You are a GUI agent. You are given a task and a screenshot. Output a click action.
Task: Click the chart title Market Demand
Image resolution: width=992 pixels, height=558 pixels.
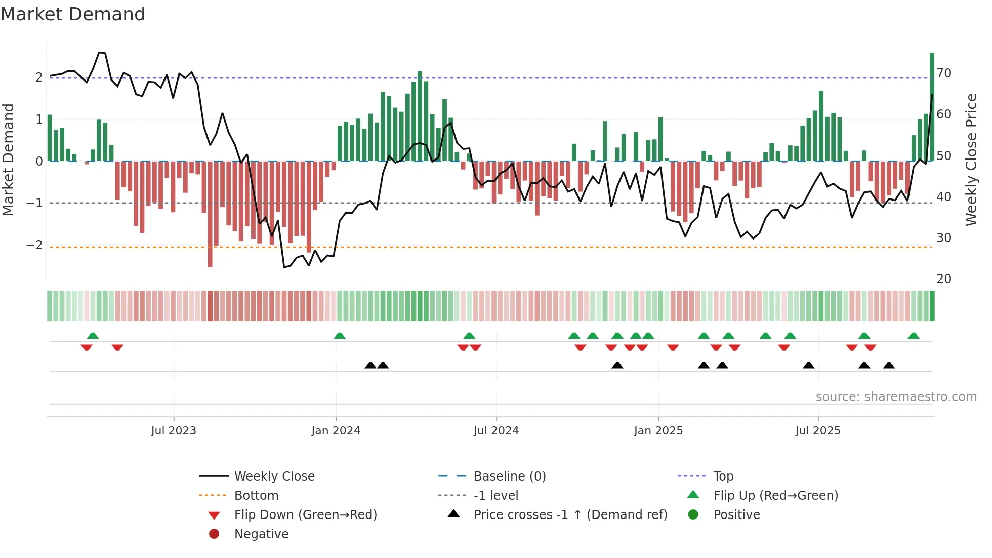tap(73, 14)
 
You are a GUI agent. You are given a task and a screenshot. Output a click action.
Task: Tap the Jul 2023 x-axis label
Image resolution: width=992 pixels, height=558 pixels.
tap(173, 431)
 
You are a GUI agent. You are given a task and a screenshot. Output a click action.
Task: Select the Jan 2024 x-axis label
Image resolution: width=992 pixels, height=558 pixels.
tap(336, 431)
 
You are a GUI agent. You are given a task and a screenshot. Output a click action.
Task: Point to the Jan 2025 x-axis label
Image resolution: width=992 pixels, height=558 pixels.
tap(658, 431)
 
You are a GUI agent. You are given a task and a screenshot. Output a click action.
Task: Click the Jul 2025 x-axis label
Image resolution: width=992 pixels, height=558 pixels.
tap(817, 431)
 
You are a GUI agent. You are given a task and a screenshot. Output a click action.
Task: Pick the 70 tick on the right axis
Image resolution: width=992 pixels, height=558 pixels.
tap(944, 73)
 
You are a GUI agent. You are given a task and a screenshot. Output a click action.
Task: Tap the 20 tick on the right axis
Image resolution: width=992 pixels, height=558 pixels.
tap(944, 279)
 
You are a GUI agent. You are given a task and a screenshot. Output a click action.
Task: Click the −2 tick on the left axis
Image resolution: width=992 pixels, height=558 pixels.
tap(34, 245)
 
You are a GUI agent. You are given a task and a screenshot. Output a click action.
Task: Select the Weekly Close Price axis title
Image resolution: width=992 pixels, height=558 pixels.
tap(971, 160)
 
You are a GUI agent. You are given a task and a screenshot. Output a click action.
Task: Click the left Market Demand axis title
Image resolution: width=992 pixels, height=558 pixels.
tap(9, 160)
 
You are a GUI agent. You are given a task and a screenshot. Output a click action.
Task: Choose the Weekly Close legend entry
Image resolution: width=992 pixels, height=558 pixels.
tap(274, 476)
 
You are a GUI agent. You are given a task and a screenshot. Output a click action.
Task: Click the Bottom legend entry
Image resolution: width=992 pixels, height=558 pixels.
tap(256, 496)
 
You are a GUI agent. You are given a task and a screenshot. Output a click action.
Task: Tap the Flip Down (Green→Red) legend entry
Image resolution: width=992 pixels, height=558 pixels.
tap(305, 515)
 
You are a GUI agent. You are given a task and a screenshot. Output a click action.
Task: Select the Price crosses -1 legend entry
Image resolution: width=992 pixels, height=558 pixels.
tap(570, 515)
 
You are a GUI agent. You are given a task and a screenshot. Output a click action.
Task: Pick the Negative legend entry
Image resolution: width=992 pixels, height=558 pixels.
tap(261, 534)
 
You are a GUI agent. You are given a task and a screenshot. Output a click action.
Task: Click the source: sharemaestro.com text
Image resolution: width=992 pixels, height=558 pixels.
tap(896, 397)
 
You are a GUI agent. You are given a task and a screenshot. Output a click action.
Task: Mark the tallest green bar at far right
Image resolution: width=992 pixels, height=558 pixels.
tap(932, 106)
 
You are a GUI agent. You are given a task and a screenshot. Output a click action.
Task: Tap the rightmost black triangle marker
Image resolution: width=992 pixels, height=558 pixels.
tap(889, 366)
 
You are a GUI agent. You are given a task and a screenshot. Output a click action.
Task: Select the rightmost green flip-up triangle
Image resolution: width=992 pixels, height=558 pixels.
tap(914, 336)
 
